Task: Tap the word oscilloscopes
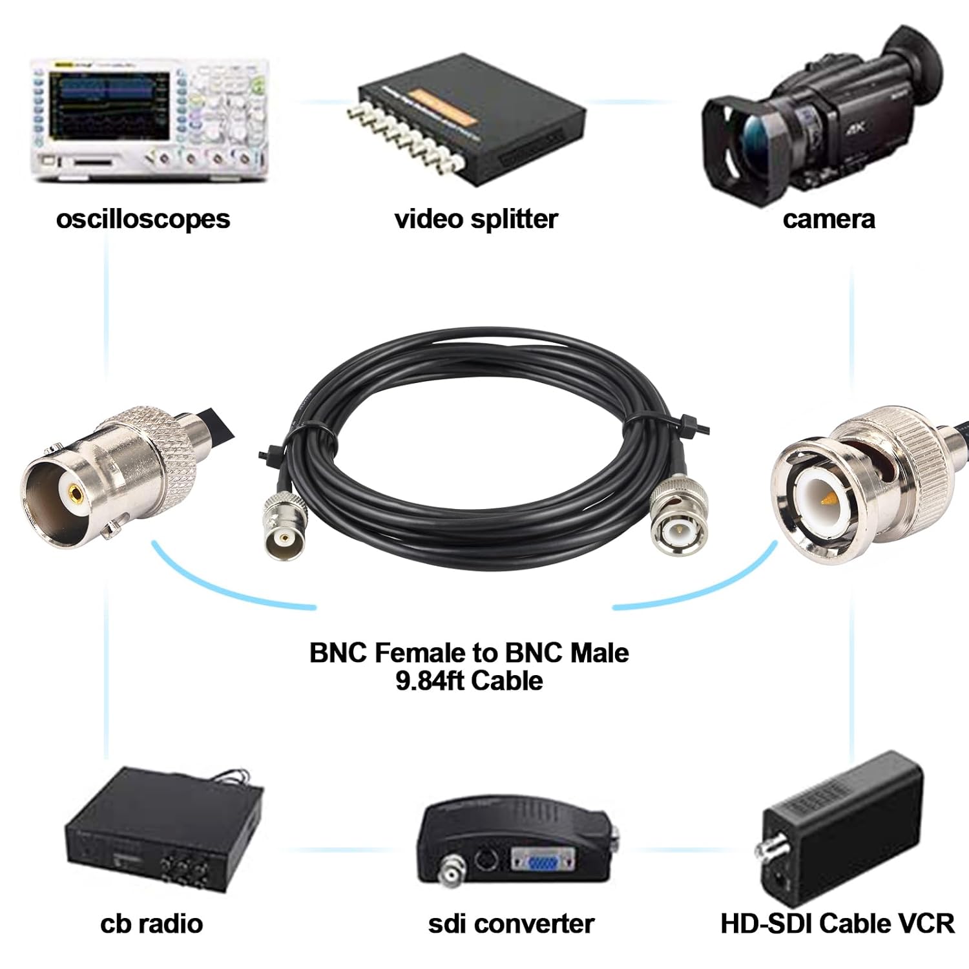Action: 143,219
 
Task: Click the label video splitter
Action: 476,219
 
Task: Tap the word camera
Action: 829,219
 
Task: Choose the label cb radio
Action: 152,924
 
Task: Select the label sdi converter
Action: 511,924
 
